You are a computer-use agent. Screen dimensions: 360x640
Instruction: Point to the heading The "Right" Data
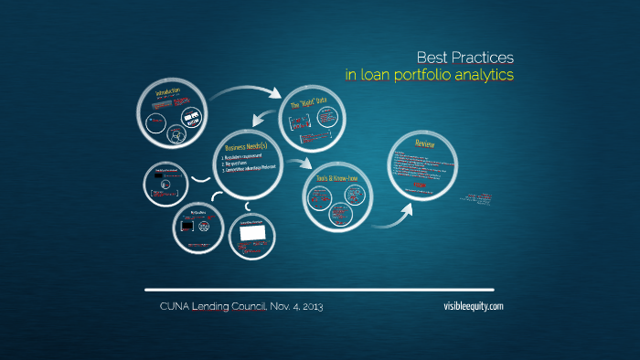pos(308,105)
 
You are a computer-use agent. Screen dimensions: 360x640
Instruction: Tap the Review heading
pos(424,143)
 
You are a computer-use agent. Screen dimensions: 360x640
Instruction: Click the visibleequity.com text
pos(471,307)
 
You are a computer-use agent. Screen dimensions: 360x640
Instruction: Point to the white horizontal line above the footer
pos(320,290)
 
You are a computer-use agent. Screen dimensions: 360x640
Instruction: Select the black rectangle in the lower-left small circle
pos(187,225)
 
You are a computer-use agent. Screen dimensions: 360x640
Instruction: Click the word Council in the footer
pos(240,307)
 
